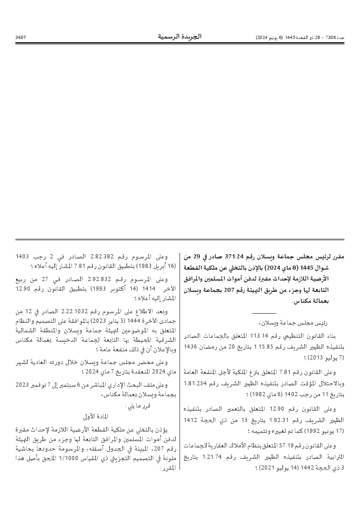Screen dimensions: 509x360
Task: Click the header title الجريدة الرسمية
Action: pos(180,36)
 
